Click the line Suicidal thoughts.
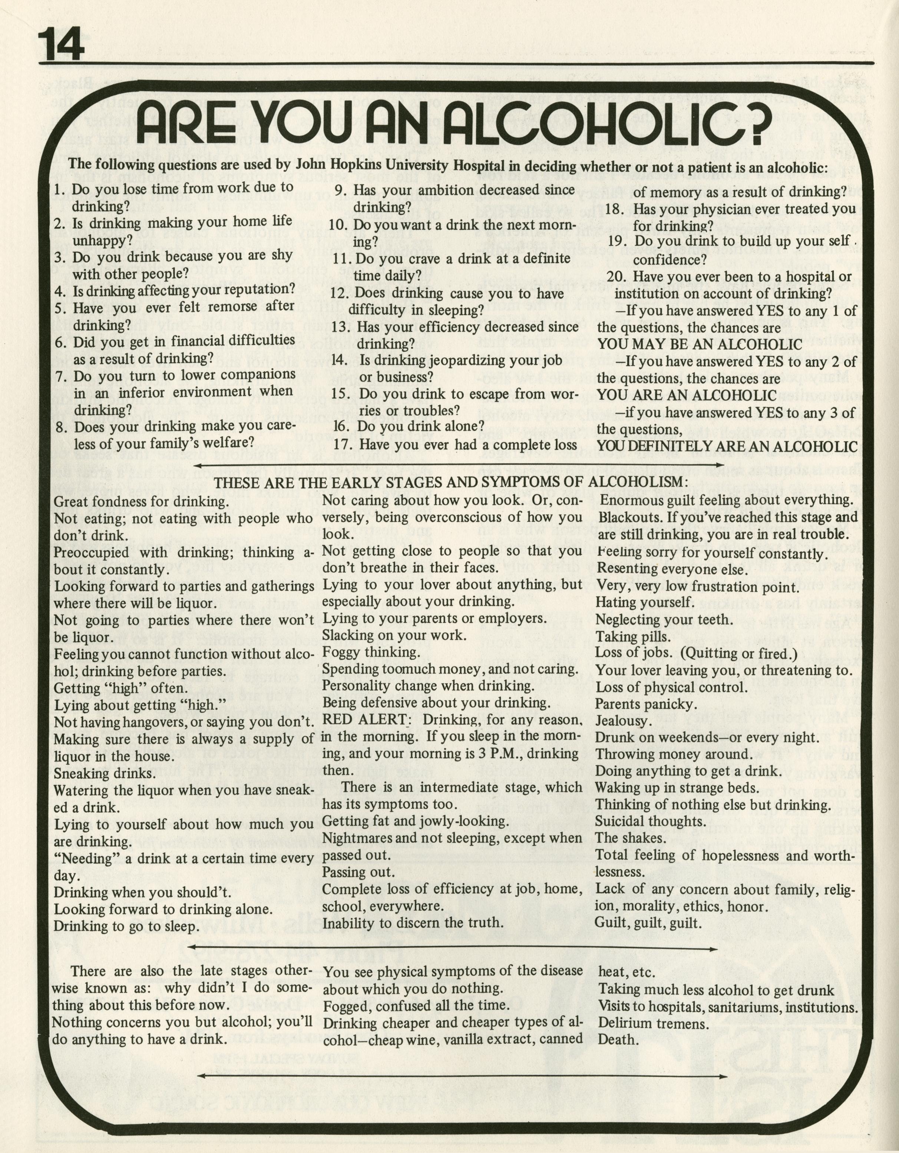click(x=650, y=821)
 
